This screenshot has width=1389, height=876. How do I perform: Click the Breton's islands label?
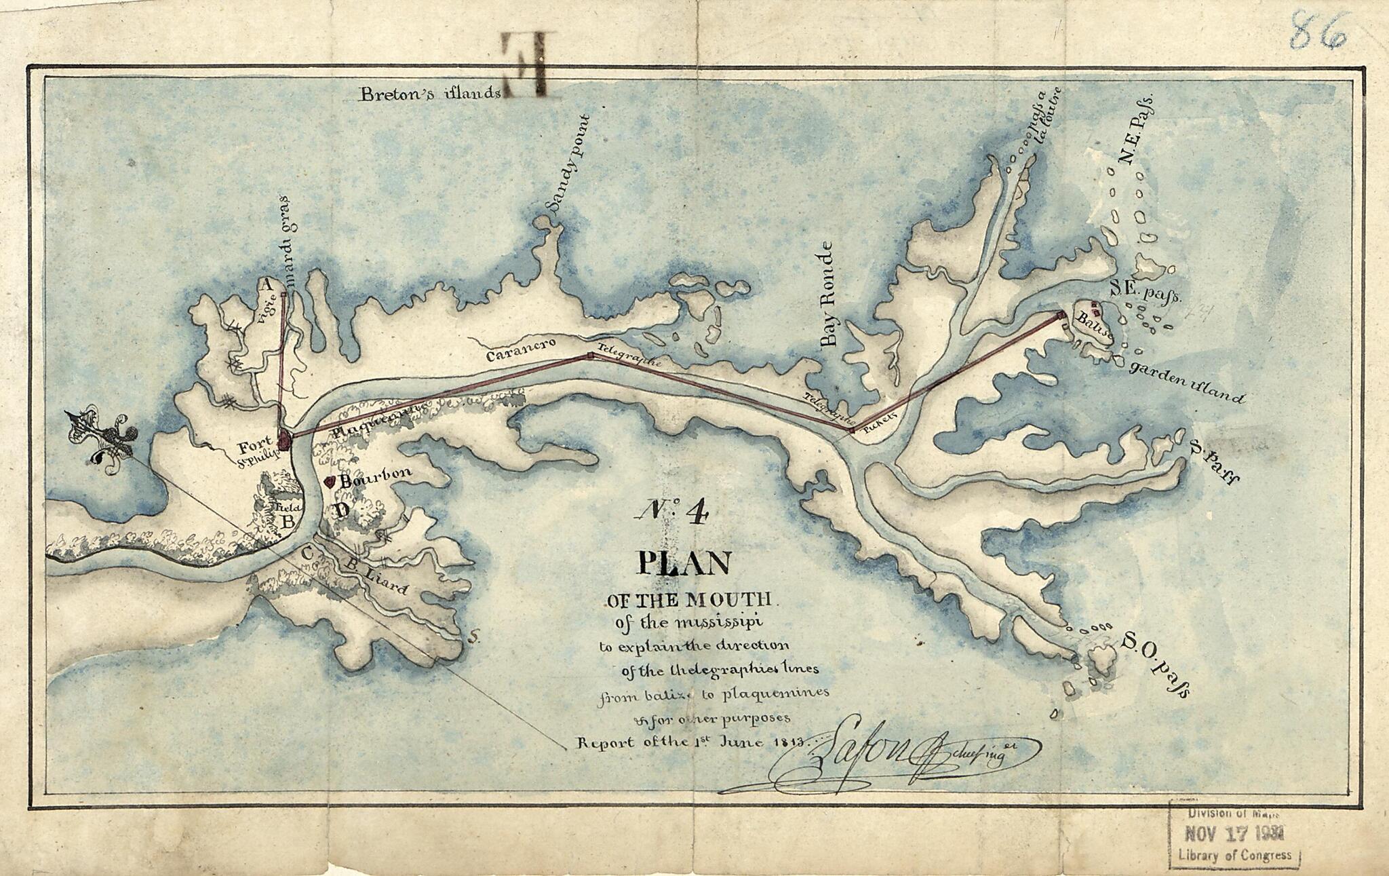(430, 94)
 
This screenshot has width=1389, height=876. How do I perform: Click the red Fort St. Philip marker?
(283, 441)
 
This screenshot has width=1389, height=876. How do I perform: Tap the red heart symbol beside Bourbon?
(330, 481)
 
